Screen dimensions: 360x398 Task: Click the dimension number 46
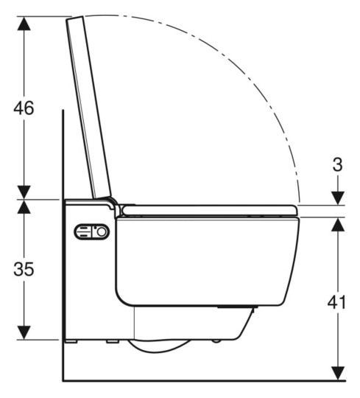coord(24,108)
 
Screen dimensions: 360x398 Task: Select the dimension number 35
coord(24,269)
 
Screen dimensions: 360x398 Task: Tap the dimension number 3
coord(337,164)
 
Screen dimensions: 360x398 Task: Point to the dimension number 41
coord(336,302)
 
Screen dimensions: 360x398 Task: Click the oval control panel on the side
coord(91,231)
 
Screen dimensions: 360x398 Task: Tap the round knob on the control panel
coord(102,232)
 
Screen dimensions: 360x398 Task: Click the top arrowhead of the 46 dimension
coord(24,24)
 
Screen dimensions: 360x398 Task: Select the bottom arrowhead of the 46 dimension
coord(24,192)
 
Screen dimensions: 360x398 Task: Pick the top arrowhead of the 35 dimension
coord(24,206)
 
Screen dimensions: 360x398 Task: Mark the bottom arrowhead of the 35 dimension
coord(24,332)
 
